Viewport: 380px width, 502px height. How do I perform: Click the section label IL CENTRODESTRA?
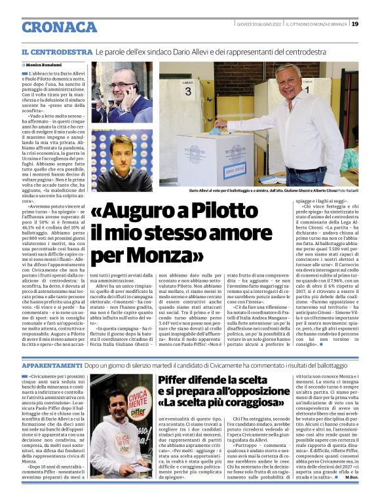click(56, 52)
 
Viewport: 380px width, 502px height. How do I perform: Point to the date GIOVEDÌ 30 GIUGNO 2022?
click(259, 24)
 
